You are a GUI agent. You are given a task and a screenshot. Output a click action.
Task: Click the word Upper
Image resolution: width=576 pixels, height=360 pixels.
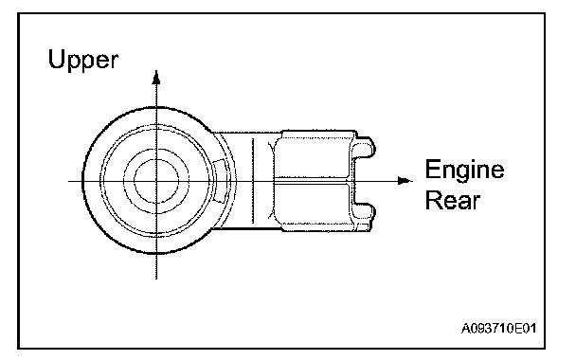pos(83,61)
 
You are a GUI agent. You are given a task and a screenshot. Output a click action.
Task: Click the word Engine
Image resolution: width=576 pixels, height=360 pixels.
pos(465,170)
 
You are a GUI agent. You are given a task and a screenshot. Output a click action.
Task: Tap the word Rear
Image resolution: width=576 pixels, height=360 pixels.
pos(453,201)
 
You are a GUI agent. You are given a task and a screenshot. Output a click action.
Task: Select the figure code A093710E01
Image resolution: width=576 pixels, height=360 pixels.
pos(498,328)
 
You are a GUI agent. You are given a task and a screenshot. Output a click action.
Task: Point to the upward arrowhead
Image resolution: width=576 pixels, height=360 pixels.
pos(156,77)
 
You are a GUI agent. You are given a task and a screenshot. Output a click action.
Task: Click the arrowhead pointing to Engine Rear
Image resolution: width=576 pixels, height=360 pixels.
pos(405,181)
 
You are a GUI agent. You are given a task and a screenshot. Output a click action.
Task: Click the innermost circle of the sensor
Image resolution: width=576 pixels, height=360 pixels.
pos(156,181)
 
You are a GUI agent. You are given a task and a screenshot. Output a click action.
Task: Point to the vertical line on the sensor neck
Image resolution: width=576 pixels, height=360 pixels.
pos(253,181)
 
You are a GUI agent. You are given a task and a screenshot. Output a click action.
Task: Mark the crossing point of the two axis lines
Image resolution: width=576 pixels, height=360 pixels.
pos(156,181)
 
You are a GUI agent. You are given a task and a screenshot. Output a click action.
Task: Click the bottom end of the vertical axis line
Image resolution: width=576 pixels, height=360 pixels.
pos(156,279)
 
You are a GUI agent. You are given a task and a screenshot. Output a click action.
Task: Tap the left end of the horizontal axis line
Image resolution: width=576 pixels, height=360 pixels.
pos(68,181)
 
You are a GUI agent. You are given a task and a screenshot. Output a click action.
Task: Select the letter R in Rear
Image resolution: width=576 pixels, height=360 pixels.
pos(433,200)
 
